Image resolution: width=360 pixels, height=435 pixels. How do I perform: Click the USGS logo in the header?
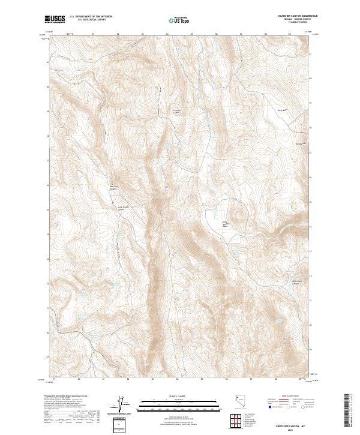55,19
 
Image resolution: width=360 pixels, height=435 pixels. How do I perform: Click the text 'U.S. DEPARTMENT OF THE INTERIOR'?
91,17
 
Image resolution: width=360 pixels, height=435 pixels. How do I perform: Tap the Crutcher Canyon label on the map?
177,110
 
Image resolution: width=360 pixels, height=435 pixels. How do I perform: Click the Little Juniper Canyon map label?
123,208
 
